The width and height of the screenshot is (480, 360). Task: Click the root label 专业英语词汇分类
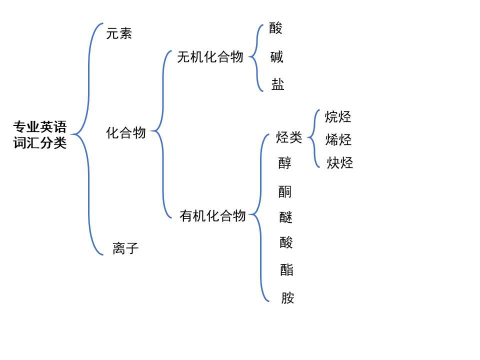click(x=40, y=134)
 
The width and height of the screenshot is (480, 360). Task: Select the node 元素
click(x=119, y=34)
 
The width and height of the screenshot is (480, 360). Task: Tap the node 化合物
click(x=126, y=133)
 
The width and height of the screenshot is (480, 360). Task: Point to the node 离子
click(x=125, y=248)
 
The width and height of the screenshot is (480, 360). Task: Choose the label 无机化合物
click(x=210, y=57)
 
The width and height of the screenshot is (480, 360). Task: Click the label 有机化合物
click(x=212, y=215)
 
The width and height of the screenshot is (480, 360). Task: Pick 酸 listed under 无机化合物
click(x=275, y=28)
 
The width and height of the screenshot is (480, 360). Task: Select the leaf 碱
click(x=276, y=57)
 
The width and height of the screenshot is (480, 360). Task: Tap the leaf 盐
click(x=277, y=84)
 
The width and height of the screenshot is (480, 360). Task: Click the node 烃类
click(x=289, y=137)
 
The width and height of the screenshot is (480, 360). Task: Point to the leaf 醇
click(x=285, y=163)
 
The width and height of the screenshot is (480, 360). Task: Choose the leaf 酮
click(x=285, y=191)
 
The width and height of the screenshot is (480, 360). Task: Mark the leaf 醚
click(x=286, y=217)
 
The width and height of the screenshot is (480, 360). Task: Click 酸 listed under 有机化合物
click(x=286, y=242)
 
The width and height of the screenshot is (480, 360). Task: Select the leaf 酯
click(x=287, y=270)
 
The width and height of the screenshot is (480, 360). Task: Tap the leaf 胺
click(x=287, y=298)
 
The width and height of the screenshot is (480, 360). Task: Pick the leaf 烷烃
click(x=338, y=117)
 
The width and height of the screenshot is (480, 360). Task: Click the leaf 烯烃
click(x=338, y=140)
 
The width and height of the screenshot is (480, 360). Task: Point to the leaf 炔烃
click(x=340, y=163)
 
